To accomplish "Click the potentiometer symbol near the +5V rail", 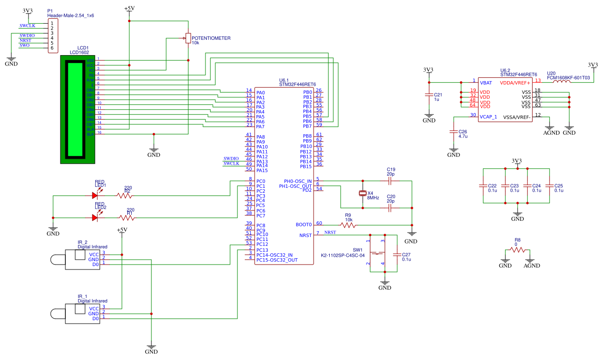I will coord(187,38).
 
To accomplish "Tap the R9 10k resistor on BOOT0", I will coord(348,225).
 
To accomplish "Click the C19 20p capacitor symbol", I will coord(391,181).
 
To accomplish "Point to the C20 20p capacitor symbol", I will coord(391,208).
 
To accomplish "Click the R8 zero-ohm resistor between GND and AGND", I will coord(517,249).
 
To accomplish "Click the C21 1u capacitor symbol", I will coord(429,96).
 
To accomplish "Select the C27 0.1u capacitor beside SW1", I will coord(396,254).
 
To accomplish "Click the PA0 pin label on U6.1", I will coord(260,92).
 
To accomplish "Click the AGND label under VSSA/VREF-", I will coord(551,133).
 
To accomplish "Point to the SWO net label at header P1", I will coord(25,46).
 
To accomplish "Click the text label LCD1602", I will coord(79,52).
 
